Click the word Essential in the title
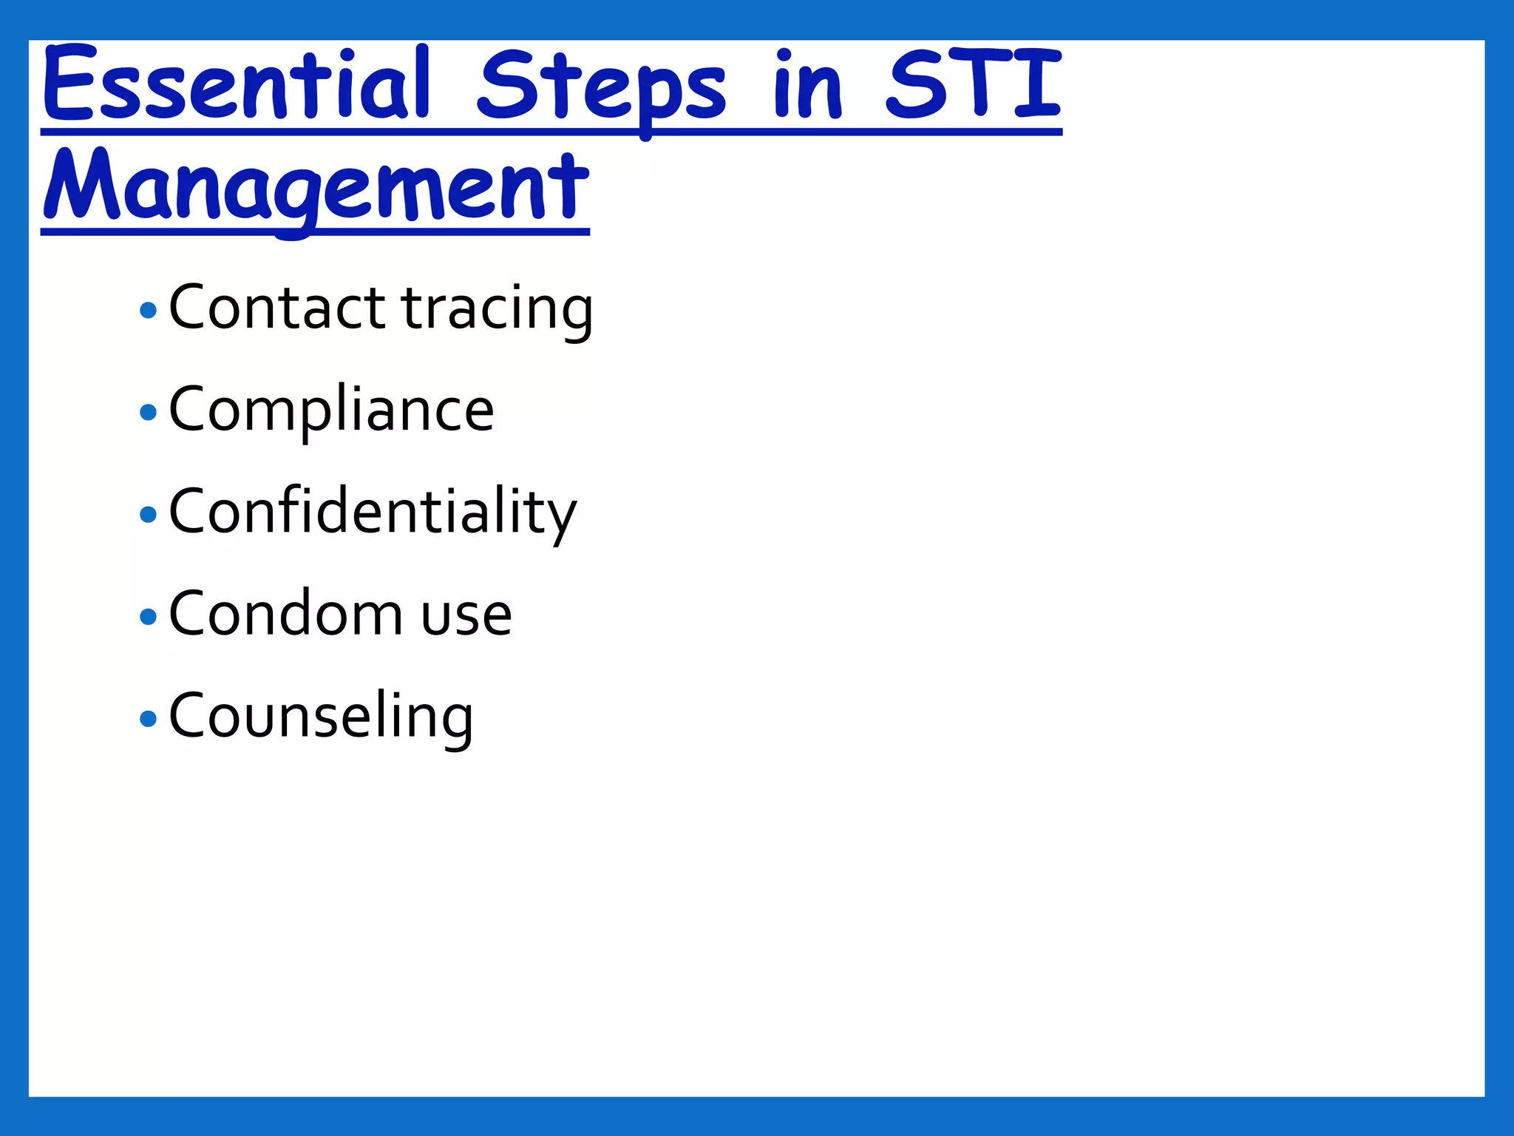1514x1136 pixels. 235,85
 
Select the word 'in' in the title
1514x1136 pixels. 807,85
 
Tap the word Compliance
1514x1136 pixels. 331,410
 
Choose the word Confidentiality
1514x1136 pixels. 373,512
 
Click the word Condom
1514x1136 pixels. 285,614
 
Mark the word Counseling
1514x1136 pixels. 321,716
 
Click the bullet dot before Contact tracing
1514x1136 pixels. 148,310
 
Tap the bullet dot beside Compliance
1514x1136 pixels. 148,412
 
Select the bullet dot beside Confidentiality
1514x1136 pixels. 148,514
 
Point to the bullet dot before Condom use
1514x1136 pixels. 148,616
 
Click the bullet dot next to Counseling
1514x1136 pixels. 148,718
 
